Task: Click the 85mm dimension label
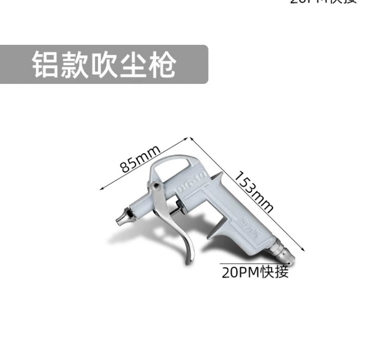pos(140,158)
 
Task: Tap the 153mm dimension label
pos(253,191)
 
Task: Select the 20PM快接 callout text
pos(255,272)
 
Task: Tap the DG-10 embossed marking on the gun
pos(192,179)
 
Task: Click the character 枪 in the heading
pos(161,65)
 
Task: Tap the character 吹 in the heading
pos(103,65)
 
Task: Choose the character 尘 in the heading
pos(132,65)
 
